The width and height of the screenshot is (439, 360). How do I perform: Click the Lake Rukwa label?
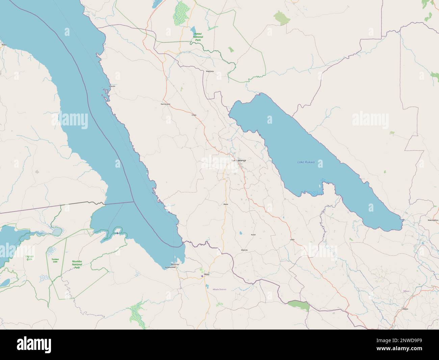(306, 162)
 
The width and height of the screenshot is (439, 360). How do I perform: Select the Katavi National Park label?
(197, 37)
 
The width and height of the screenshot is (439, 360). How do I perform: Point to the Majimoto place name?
(210, 71)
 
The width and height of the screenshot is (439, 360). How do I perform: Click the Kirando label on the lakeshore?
(112, 86)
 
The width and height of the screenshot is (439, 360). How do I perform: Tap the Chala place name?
(194, 115)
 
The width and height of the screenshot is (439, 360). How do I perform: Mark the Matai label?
(226, 205)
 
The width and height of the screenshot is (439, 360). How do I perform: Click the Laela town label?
(292, 239)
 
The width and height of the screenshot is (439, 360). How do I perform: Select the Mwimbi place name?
(244, 250)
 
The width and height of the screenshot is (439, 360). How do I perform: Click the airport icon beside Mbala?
(202, 276)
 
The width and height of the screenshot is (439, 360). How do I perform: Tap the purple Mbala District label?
(219, 289)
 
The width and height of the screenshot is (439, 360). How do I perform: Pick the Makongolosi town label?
(433, 220)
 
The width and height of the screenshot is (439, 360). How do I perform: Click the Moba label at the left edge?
(4, 45)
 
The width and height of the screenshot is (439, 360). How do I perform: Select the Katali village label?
(253, 234)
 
